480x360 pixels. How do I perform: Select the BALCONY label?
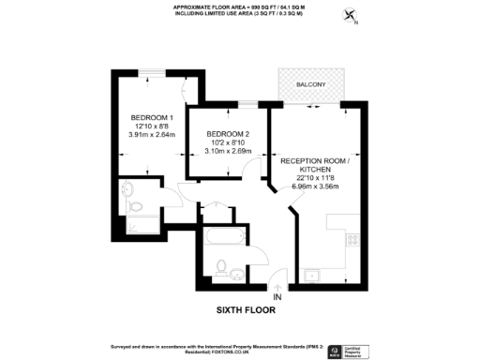coord(310,85)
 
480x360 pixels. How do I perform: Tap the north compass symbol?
coord(351,15)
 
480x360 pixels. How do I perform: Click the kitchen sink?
coord(311,274)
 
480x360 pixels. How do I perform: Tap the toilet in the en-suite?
coord(134,200)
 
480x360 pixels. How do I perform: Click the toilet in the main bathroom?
coord(223,269)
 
